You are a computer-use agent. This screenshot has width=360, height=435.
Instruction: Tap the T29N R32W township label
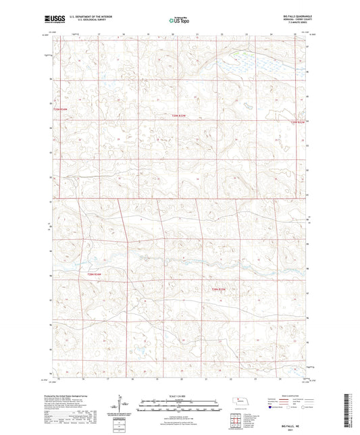coord(298,122)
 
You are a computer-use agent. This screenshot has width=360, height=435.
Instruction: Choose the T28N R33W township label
coord(215,290)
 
